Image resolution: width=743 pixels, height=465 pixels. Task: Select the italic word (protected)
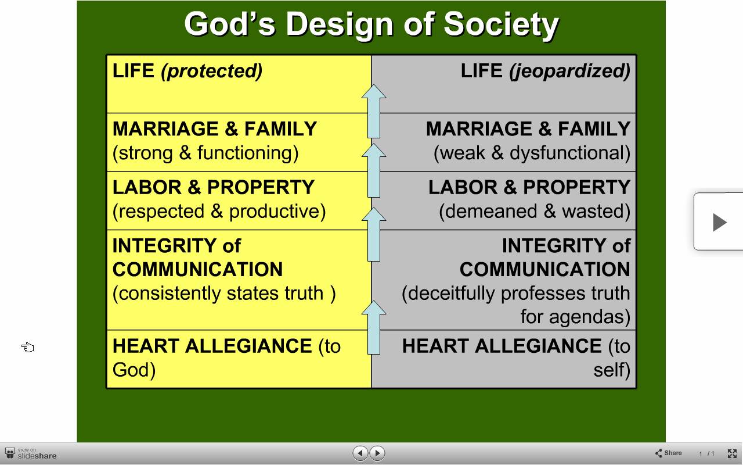click(x=212, y=71)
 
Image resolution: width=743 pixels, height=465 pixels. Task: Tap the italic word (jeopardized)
click(x=569, y=71)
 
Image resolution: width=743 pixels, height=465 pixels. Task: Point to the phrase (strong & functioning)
click(x=205, y=153)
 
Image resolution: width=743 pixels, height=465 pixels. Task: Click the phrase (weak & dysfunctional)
click(x=532, y=153)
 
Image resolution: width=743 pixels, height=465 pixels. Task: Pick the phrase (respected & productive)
click(x=219, y=212)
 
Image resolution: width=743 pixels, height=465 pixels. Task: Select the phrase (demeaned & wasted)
click(x=535, y=212)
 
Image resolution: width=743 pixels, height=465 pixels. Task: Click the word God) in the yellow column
click(x=134, y=370)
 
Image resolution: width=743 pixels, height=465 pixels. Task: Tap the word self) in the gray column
click(x=612, y=370)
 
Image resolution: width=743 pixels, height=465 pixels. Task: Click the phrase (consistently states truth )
click(x=224, y=294)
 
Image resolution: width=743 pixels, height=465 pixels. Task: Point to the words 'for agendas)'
click(x=575, y=317)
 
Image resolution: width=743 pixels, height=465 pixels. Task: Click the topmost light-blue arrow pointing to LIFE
click(x=374, y=111)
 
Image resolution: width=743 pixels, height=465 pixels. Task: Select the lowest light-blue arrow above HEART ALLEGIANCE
click(x=374, y=327)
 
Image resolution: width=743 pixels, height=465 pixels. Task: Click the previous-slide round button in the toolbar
click(x=360, y=453)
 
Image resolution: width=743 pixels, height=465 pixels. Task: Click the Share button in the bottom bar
click(x=668, y=453)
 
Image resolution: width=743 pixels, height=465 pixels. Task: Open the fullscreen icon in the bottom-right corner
click(x=732, y=453)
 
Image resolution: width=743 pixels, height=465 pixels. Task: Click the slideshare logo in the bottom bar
click(x=31, y=453)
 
